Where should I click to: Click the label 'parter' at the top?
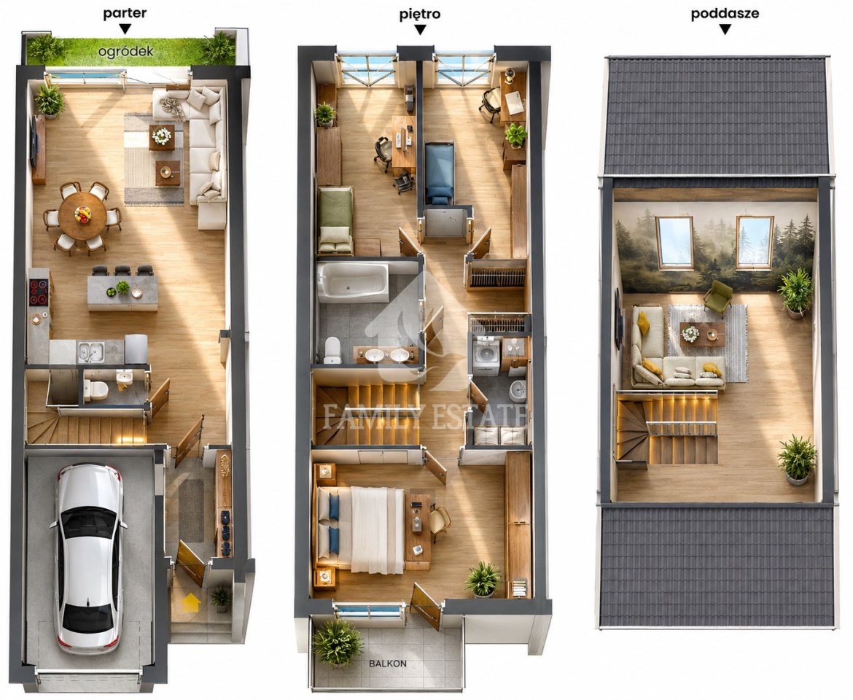click(125, 14)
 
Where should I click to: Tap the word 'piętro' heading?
click(419, 14)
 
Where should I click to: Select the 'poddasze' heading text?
click(725, 14)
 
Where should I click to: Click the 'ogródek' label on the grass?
click(125, 52)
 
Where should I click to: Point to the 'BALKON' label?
click(387, 664)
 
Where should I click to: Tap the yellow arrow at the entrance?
click(190, 602)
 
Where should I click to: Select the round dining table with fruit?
click(82, 216)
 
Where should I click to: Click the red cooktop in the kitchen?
click(38, 292)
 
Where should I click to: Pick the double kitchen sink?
click(90, 352)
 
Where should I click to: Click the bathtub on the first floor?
click(353, 282)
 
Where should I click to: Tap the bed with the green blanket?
click(335, 219)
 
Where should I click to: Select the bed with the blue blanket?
click(439, 173)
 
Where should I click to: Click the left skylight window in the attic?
click(674, 242)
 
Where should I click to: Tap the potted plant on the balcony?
click(338, 643)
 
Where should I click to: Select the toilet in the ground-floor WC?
click(97, 390)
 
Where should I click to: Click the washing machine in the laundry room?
click(486, 357)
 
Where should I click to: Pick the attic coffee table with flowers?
click(702, 333)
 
